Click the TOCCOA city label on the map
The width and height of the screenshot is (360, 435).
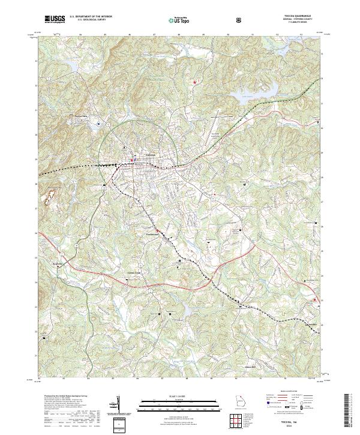(x=151, y=155)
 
